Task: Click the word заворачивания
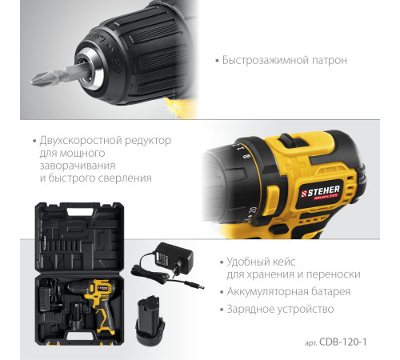(x=78, y=166)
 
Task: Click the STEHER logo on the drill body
(x=320, y=192)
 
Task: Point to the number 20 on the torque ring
(x=252, y=210)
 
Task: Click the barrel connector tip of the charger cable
(x=201, y=286)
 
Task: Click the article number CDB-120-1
(x=343, y=342)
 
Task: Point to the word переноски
(x=334, y=274)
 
